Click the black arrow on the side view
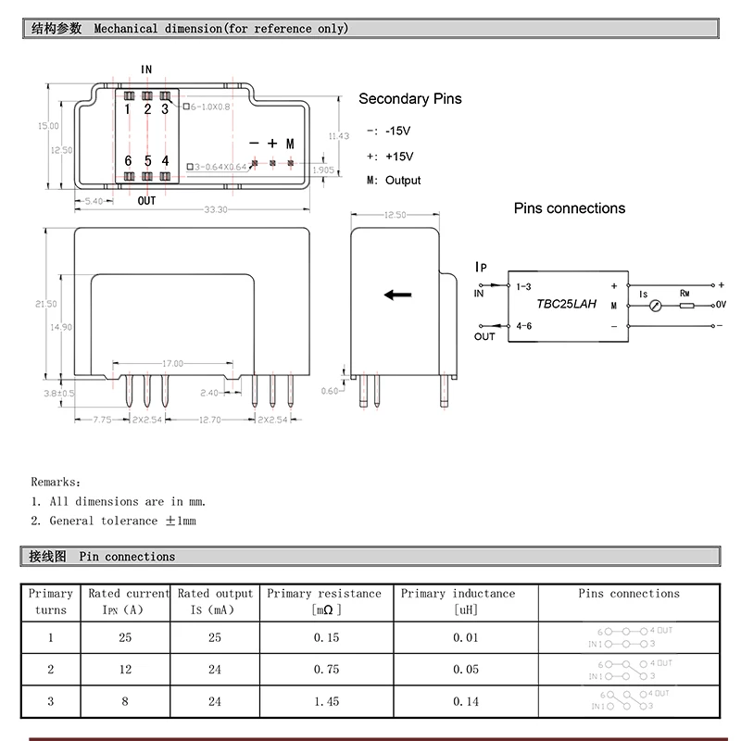[398, 295]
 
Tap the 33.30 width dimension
[216, 210]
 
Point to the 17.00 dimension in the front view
[172, 363]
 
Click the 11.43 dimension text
[339, 136]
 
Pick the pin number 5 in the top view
[147, 160]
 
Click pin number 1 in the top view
[128, 109]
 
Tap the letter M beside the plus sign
[290, 144]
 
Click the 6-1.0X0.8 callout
[209, 107]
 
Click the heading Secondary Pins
[409, 99]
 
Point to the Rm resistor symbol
[685, 305]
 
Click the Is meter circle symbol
[654, 305]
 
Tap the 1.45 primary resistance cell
[326, 701]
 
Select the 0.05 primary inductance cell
[466, 670]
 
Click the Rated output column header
[215, 601]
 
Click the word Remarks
[56, 482]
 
